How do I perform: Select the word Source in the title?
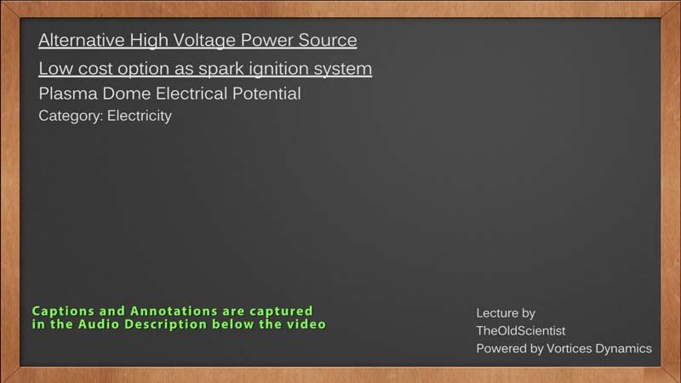328,40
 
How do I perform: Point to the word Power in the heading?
267,40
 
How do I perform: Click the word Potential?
266,94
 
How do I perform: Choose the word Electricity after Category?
140,117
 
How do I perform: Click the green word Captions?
63,312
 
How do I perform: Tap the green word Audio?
100,324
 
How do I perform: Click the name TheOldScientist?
521,331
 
